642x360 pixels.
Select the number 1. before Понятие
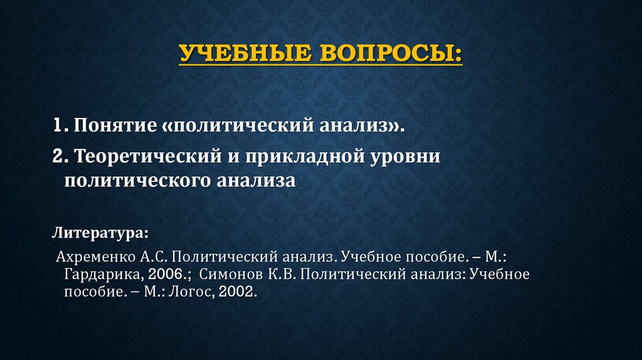click(x=60, y=125)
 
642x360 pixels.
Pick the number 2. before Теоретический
click(x=61, y=156)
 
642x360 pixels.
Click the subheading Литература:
click(x=100, y=233)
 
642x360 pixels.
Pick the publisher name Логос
click(x=191, y=292)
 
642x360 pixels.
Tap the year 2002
click(x=239, y=292)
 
